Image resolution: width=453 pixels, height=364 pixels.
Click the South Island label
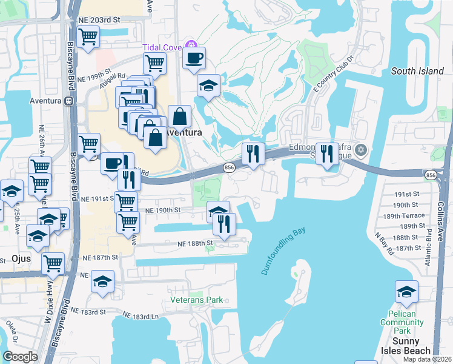pos(417,71)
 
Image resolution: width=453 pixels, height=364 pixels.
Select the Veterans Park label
pos(196,300)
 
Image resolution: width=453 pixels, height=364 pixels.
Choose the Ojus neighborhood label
pos(21,258)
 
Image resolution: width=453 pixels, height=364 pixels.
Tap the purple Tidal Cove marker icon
pos(191,44)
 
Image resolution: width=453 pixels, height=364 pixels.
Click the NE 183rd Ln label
pos(140,316)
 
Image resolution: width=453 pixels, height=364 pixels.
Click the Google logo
pos(20,356)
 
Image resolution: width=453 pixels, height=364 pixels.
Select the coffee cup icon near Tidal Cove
pos(194,58)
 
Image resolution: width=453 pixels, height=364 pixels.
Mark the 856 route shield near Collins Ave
pos(431,175)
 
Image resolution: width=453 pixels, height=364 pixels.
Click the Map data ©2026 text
pos(427,359)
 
